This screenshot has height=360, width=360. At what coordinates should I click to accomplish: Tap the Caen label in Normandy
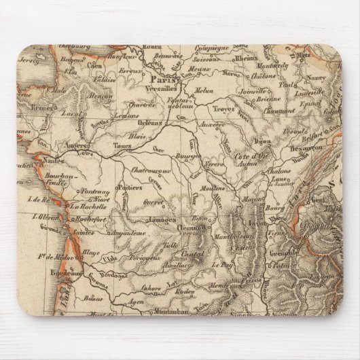94,65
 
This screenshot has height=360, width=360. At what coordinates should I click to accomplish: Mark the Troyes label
225,109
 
